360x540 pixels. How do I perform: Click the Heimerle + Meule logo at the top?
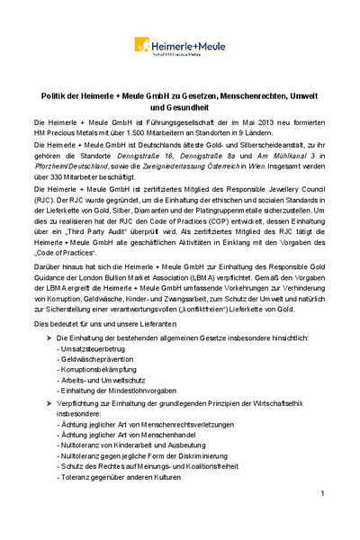pos(181,45)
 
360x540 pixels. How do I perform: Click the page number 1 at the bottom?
pos(322,495)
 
